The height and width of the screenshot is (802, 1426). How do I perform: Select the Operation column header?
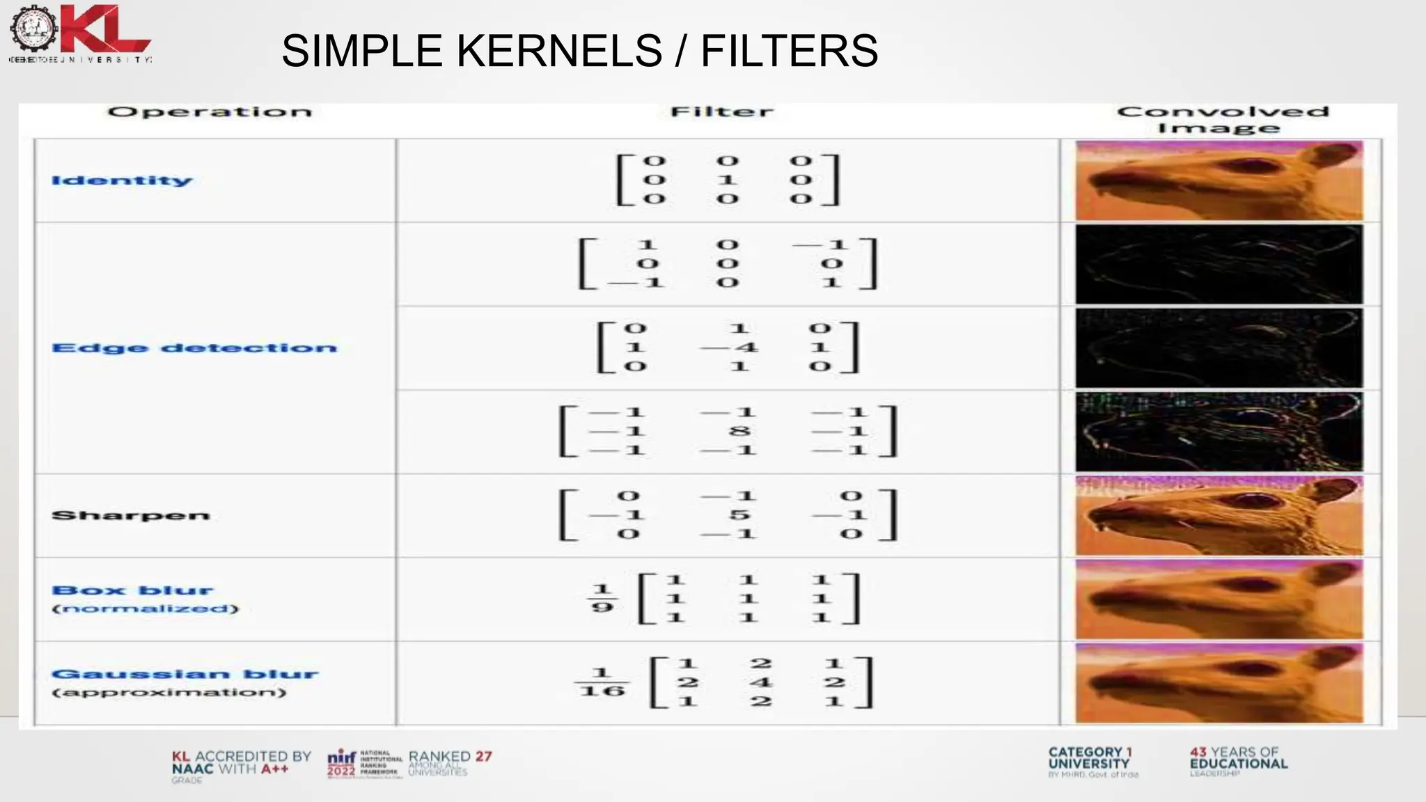click(x=210, y=112)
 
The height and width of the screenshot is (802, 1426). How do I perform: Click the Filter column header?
click(x=721, y=112)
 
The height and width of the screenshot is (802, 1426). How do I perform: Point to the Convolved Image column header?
click(x=1222, y=119)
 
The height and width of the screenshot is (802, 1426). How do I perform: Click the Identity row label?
click(x=122, y=181)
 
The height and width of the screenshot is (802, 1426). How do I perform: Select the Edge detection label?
click(x=194, y=348)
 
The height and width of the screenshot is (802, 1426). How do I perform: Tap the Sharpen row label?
click(x=131, y=516)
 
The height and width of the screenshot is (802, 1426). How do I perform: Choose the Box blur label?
click(x=132, y=591)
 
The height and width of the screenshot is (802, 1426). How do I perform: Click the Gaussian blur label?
click(x=185, y=675)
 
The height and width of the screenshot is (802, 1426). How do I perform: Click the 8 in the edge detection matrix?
click(x=739, y=432)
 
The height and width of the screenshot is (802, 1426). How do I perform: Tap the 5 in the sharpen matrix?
click(x=739, y=515)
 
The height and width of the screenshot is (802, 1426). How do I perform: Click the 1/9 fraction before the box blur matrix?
click(x=602, y=599)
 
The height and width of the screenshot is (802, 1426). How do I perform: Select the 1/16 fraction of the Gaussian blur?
click(x=602, y=682)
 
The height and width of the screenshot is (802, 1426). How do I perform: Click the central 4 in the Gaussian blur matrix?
click(x=761, y=682)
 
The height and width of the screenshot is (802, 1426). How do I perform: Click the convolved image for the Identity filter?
click(x=1219, y=181)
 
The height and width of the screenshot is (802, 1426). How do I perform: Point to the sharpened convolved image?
click(x=1219, y=516)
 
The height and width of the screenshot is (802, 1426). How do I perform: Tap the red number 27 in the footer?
click(x=483, y=757)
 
